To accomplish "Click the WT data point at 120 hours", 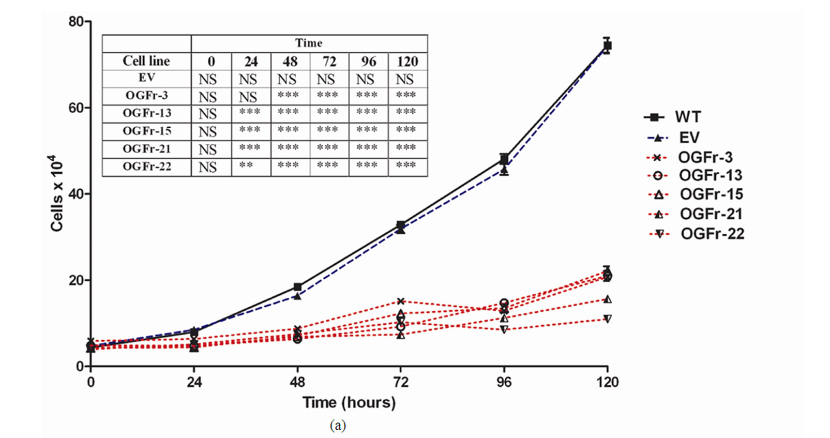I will tap(607, 46).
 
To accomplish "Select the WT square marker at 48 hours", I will tap(297, 287).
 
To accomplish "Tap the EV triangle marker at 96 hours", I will tap(504, 170).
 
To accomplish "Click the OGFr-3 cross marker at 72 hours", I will tap(400, 301).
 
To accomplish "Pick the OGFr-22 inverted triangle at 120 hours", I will tap(607, 319).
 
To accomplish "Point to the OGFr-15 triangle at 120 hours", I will tap(607, 299).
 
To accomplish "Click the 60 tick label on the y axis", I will tap(76, 108).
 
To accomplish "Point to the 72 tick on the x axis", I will tap(400, 382).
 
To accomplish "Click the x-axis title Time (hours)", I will tap(349, 402).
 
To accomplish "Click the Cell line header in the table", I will tap(146, 61).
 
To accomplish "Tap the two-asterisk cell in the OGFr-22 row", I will tap(246, 165).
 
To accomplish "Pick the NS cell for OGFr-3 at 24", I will tap(248, 97).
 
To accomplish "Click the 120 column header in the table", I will tap(407, 62).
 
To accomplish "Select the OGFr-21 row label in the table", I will tap(147, 149).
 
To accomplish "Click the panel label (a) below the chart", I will tap(337, 426).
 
